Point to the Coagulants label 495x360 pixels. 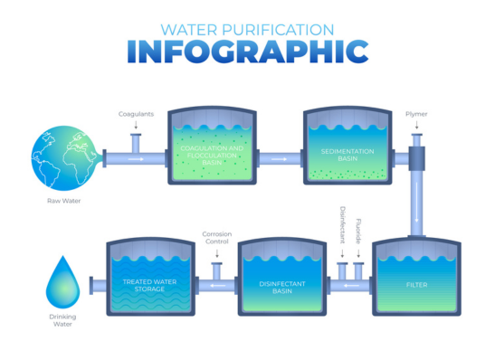[x=136, y=114]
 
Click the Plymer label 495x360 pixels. [x=417, y=115]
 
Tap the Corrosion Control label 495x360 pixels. [x=217, y=238]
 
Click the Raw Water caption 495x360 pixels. [x=62, y=201]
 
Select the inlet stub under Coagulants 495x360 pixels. [x=136, y=142]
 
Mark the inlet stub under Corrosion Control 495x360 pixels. [x=217, y=270]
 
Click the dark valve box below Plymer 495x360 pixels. [x=417, y=160]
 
